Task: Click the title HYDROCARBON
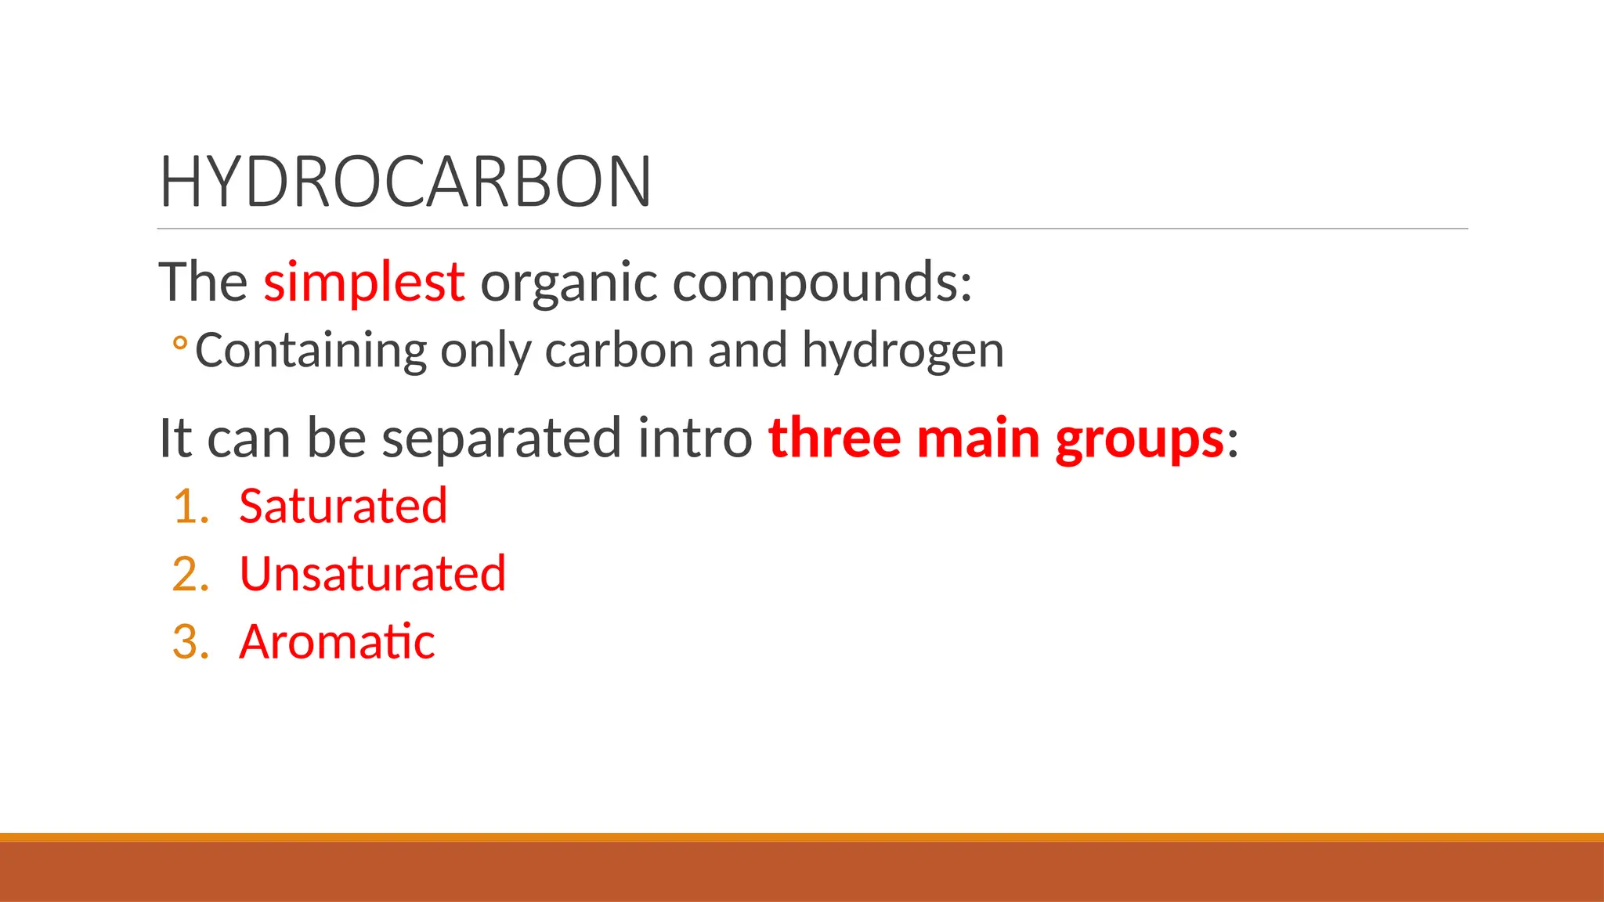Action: pyautogui.click(x=405, y=182)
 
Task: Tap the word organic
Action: pyautogui.click(x=568, y=283)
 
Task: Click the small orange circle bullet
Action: pyautogui.click(x=179, y=344)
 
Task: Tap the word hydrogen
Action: pyautogui.click(x=902, y=352)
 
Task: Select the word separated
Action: pyautogui.click(x=502, y=438)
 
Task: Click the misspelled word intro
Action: pyautogui.click(x=695, y=438)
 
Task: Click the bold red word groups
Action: pyautogui.click(x=1139, y=439)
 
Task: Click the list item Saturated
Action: pyautogui.click(x=343, y=506)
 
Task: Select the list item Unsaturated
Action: pyautogui.click(x=373, y=574)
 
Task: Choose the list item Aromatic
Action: pyautogui.click(x=337, y=642)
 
